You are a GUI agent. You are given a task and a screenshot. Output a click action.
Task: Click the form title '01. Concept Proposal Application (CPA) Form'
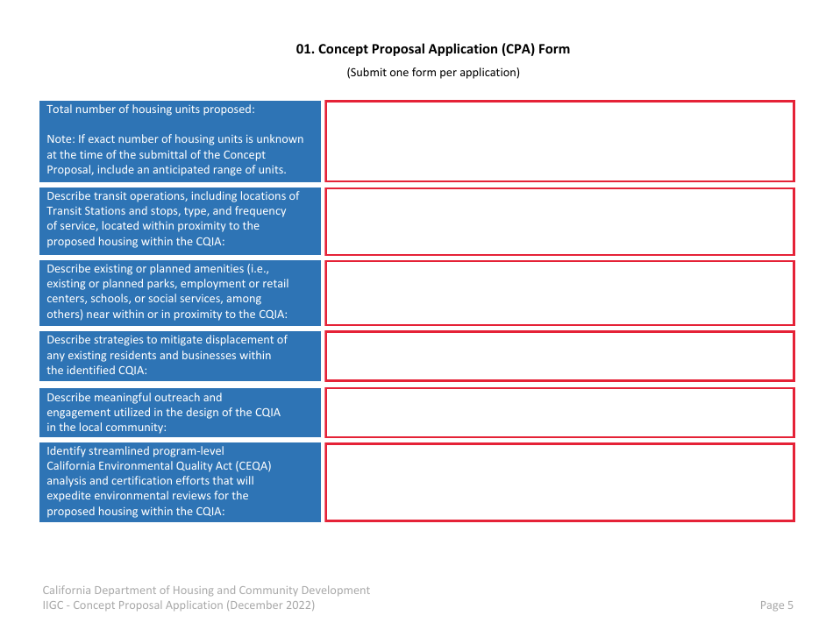(x=432, y=49)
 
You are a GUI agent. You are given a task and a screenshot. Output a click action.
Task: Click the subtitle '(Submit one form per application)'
(x=433, y=73)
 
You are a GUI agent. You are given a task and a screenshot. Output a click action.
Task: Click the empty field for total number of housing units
(x=559, y=141)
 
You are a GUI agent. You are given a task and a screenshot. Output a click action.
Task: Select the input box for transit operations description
(x=559, y=222)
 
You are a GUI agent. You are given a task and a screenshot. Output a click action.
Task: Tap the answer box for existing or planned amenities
(x=559, y=293)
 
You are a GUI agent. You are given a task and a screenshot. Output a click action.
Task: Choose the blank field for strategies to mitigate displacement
(x=559, y=356)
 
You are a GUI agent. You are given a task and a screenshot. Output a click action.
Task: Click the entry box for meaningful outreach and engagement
(x=559, y=413)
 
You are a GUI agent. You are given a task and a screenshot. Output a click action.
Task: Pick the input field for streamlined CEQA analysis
(x=559, y=482)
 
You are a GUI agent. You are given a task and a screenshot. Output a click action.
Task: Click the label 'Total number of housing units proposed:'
(x=150, y=110)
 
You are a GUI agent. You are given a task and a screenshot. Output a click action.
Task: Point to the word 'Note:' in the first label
(x=61, y=139)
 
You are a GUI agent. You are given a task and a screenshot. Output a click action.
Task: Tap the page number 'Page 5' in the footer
(x=776, y=605)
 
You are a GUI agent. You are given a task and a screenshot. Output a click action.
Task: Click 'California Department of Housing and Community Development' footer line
(x=206, y=591)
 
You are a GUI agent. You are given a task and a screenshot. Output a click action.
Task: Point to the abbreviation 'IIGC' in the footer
(x=53, y=605)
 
